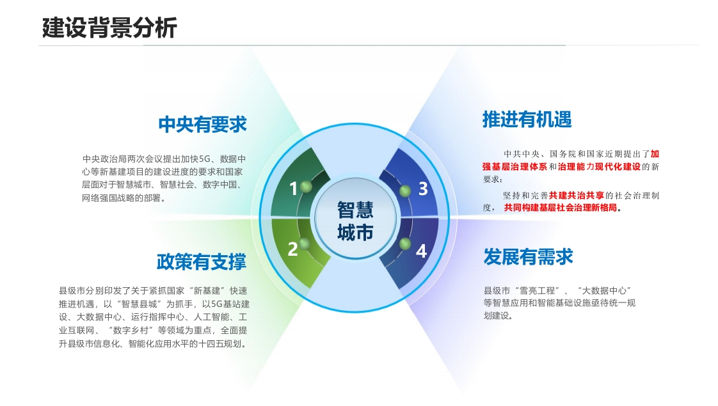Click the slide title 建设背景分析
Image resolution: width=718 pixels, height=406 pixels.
pyautogui.click(x=109, y=27)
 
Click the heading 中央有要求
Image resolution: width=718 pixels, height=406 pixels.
pyautogui.click(x=202, y=125)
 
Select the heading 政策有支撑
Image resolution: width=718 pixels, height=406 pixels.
pyautogui.click(x=202, y=262)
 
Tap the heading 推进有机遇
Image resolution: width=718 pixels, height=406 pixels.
pyautogui.click(x=527, y=120)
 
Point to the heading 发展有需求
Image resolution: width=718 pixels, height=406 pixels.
pyautogui.click(x=529, y=257)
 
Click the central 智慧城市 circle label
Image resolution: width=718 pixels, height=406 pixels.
pyautogui.click(x=355, y=221)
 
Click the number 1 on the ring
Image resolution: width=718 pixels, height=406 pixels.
pyautogui.click(x=294, y=189)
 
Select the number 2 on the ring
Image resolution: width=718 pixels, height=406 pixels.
pyautogui.click(x=292, y=249)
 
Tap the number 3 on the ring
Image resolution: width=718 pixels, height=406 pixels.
pyautogui.click(x=423, y=189)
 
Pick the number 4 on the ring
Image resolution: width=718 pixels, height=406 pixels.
pyautogui.click(x=421, y=251)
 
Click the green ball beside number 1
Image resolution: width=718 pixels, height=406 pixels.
pyautogui.click(x=306, y=186)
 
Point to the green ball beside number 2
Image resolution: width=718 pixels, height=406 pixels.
pyautogui.click(x=305, y=244)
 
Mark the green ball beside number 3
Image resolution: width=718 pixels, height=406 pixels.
pyautogui.click(x=405, y=191)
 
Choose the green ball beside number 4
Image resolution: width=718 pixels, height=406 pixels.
pyautogui.click(x=405, y=244)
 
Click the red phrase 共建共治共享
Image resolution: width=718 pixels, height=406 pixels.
pyautogui.click(x=577, y=196)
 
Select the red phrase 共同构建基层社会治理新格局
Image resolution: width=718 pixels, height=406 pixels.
pyautogui.click(x=561, y=208)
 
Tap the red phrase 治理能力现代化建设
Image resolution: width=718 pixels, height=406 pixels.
pyautogui.click(x=599, y=167)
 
